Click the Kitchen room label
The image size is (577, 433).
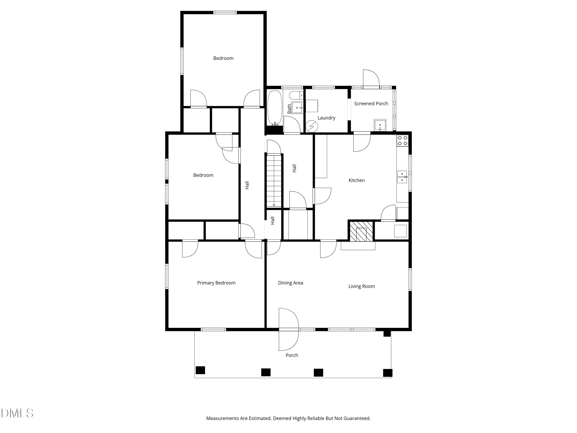pyautogui.click(x=357, y=180)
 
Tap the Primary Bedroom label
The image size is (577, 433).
pyautogui.click(x=216, y=283)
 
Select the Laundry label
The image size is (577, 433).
pyautogui.click(x=326, y=118)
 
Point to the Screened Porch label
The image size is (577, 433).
pyautogui.click(x=371, y=104)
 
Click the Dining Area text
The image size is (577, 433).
pyautogui.click(x=291, y=283)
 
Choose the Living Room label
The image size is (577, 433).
pyautogui.click(x=362, y=286)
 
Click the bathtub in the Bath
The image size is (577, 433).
pyautogui.click(x=275, y=108)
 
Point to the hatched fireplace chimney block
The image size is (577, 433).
pyautogui.click(x=361, y=231)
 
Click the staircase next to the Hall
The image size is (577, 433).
pyautogui.click(x=274, y=181)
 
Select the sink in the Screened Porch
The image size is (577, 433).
pyautogui.click(x=380, y=125)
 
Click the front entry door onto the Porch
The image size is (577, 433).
pyautogui.click(x=288, y=329)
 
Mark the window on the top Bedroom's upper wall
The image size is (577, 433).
pyautogui.click(x=225, y=13)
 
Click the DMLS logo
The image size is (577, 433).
pyautogui.click(x=17, y=413)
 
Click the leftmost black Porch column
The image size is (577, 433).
pyautogui.click(x=200, y=370)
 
